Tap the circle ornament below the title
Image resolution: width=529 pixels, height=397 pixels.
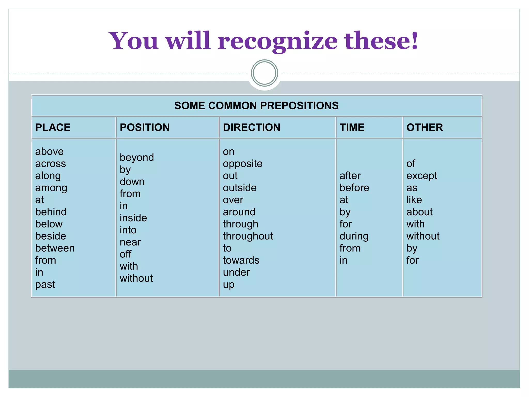264,73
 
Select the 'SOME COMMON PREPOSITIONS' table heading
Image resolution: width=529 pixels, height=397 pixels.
256,106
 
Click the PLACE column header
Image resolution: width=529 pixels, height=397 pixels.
53,127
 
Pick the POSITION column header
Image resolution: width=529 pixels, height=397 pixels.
145,127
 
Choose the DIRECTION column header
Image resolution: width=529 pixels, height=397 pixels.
252,127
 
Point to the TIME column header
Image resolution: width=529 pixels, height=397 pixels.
352,127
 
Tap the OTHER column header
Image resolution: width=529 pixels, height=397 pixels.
425,127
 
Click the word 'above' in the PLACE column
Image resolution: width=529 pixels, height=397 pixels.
49,151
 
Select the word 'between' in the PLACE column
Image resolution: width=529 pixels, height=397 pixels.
55,248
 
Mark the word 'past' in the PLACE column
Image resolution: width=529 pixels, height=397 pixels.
45,284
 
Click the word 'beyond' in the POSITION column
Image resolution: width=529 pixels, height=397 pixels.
137,158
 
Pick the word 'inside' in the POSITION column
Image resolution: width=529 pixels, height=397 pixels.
133,218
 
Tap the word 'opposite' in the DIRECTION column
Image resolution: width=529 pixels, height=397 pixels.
243,164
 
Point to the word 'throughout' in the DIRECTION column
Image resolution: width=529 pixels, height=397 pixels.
248,236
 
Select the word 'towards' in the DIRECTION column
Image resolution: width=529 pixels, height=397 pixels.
241,260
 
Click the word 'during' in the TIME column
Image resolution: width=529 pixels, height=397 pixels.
354,236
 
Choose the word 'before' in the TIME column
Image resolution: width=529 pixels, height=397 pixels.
354,188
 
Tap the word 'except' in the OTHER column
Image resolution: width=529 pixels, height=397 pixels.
422,176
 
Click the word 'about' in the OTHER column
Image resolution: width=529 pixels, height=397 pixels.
419,212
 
